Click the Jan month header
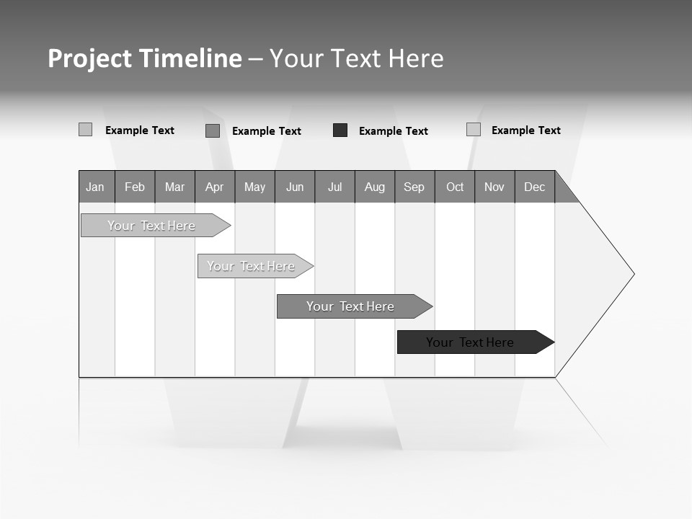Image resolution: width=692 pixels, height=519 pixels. tap(96, 187)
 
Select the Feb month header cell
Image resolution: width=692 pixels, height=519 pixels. tap(135, 187)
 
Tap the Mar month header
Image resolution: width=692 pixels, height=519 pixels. tap(174, 187)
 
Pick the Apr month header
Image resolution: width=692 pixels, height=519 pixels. tap(215, 187)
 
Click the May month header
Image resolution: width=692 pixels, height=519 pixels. tap(254, 187)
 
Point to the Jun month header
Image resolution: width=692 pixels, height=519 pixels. tap(295, 187)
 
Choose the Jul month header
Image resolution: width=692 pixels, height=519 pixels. tap(334, 187)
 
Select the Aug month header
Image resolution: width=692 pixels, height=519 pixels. tap(375, 187)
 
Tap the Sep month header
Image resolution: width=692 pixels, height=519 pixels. tap(414, 187)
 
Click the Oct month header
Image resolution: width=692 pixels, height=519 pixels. tap(455, 187)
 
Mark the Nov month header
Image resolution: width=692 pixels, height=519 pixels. tap(494, 187)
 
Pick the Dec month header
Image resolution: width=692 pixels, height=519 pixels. tap(535, 187)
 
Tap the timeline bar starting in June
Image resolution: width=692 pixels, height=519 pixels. tap(351, 306)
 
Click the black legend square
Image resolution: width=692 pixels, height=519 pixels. tap(340, 130)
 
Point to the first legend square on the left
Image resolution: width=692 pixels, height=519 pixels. tap(85, 130)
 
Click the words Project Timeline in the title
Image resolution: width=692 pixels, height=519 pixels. tap(145, 58)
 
